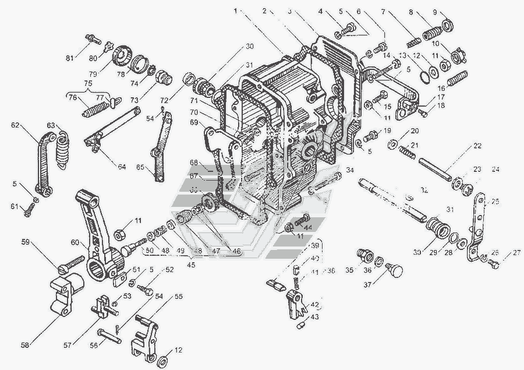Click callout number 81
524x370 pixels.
70,58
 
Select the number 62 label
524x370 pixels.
15,124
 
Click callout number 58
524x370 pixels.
25,345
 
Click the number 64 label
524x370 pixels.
122,167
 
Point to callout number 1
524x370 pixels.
236,10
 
